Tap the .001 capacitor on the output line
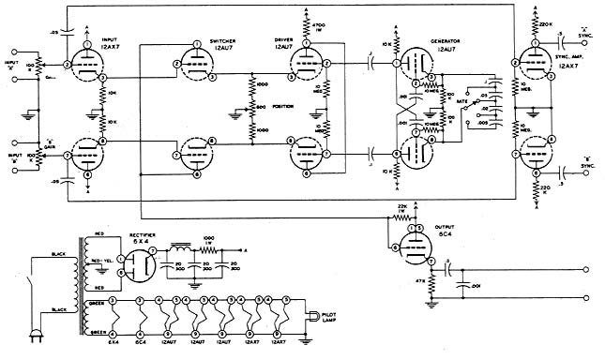click(473, 282)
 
